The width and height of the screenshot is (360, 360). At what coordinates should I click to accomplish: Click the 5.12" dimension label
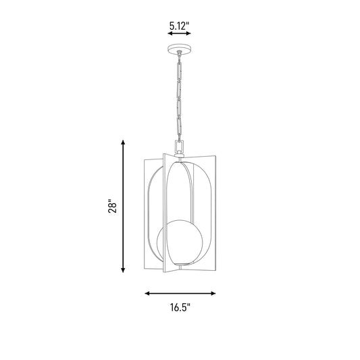pyautogui.click(x=179, y=26)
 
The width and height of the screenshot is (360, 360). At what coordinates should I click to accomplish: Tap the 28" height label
pyautogui.click(x=113, y=206)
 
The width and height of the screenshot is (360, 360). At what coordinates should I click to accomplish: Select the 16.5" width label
pyautogui.click(x=180, y=307)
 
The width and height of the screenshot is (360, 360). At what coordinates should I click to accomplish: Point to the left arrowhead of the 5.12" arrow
pyautogui.click(x=170, y=34)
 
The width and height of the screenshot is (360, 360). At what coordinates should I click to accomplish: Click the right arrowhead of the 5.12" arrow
pyautogui.click(x=188, y=34)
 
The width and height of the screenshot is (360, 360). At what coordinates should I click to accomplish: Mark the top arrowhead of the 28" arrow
pyautogui.click(x=123, y=143)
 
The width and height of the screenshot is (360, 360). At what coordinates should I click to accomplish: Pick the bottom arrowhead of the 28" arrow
pyautogui.click(x=123, y=270)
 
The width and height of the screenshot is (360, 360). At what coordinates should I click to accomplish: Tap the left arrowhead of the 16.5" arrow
pyautogui.click(x=147, y=293)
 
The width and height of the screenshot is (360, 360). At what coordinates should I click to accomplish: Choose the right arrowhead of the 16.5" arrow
pyautogui.click(x=213, y=293)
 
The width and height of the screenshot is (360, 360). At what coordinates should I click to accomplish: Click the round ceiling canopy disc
pyautogui.click(x=180, y=49)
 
